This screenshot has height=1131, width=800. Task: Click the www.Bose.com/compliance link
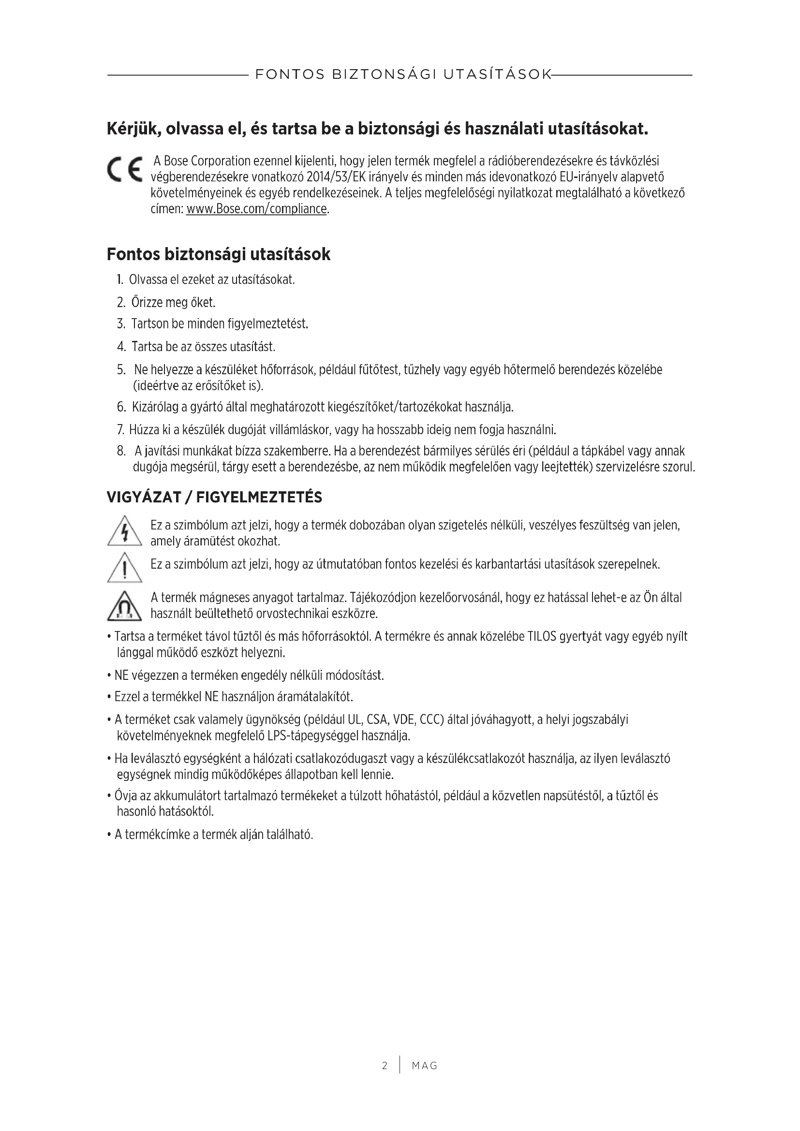[256, 209]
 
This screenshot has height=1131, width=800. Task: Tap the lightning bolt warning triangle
[125, 531]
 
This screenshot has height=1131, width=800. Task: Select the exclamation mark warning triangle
[125, 567]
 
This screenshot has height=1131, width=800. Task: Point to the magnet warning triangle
[125, 606]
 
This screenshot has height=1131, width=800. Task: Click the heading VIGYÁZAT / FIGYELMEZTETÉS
[214, 498]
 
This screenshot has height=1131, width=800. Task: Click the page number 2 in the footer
[385, 1066]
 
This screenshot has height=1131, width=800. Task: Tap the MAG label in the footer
[424, 1066]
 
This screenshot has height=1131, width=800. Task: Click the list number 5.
[121, 369]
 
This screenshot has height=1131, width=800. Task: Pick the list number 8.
[121, 451]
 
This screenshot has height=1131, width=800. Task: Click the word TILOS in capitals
[542, 636]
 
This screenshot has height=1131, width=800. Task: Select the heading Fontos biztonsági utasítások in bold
[218, 254]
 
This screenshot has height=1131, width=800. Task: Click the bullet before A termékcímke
[109, 835]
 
